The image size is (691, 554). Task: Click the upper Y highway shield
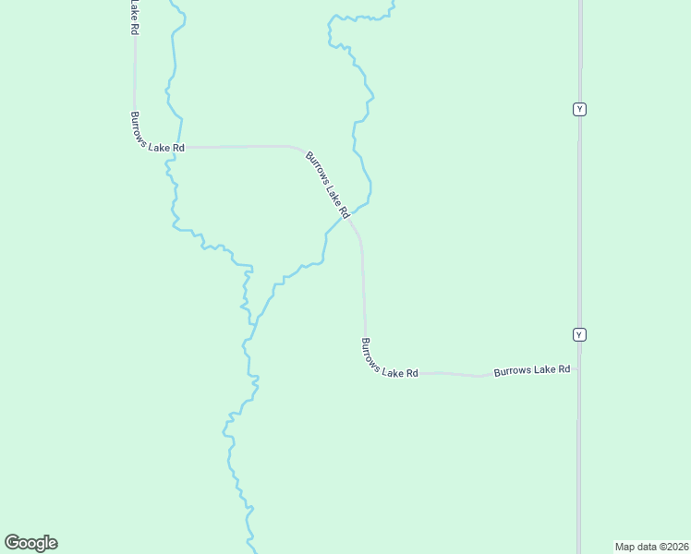(x=579, y=109)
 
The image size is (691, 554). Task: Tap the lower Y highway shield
(x=579, y=334)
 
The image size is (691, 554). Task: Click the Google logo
(x=30, y=543)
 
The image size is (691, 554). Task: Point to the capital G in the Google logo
(x=12, y=542)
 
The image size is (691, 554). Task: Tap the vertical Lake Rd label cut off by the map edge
(x=135, y=18)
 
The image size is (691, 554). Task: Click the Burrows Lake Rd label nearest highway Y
(x=531, y=370)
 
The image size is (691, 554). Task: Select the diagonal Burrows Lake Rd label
(x=328, y=185)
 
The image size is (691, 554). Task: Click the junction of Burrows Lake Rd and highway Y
(x=579, y=368)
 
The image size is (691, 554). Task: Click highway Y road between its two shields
(x=579, y=222)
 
